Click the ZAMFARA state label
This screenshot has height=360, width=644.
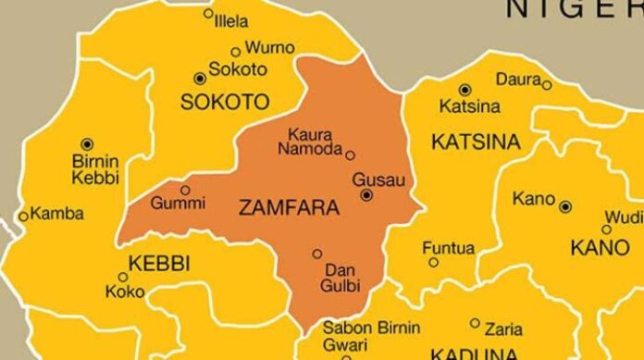point(290,209)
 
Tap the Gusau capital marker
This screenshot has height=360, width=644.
point(367,195)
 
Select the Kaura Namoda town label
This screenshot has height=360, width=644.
point(311,141)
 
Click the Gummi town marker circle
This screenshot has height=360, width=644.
point(185,190)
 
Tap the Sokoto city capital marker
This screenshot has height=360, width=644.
point(198,79)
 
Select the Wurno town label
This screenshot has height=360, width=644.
point(269,48)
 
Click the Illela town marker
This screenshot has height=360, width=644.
point(208,14)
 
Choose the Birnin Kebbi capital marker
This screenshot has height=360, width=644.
point(88,143)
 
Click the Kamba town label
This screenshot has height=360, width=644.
point(57,214)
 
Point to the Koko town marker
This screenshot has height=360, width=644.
point(123,277)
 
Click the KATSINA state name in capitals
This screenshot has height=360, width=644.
point(476,143)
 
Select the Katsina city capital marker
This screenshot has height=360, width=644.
point(464,90)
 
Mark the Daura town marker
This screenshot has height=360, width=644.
point(547,85)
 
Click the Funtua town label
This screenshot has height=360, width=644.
point(448,248)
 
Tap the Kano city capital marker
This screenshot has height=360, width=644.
point(564,206)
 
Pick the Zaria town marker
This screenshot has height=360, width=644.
point(475,323)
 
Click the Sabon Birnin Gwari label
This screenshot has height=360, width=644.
point(370,336)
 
